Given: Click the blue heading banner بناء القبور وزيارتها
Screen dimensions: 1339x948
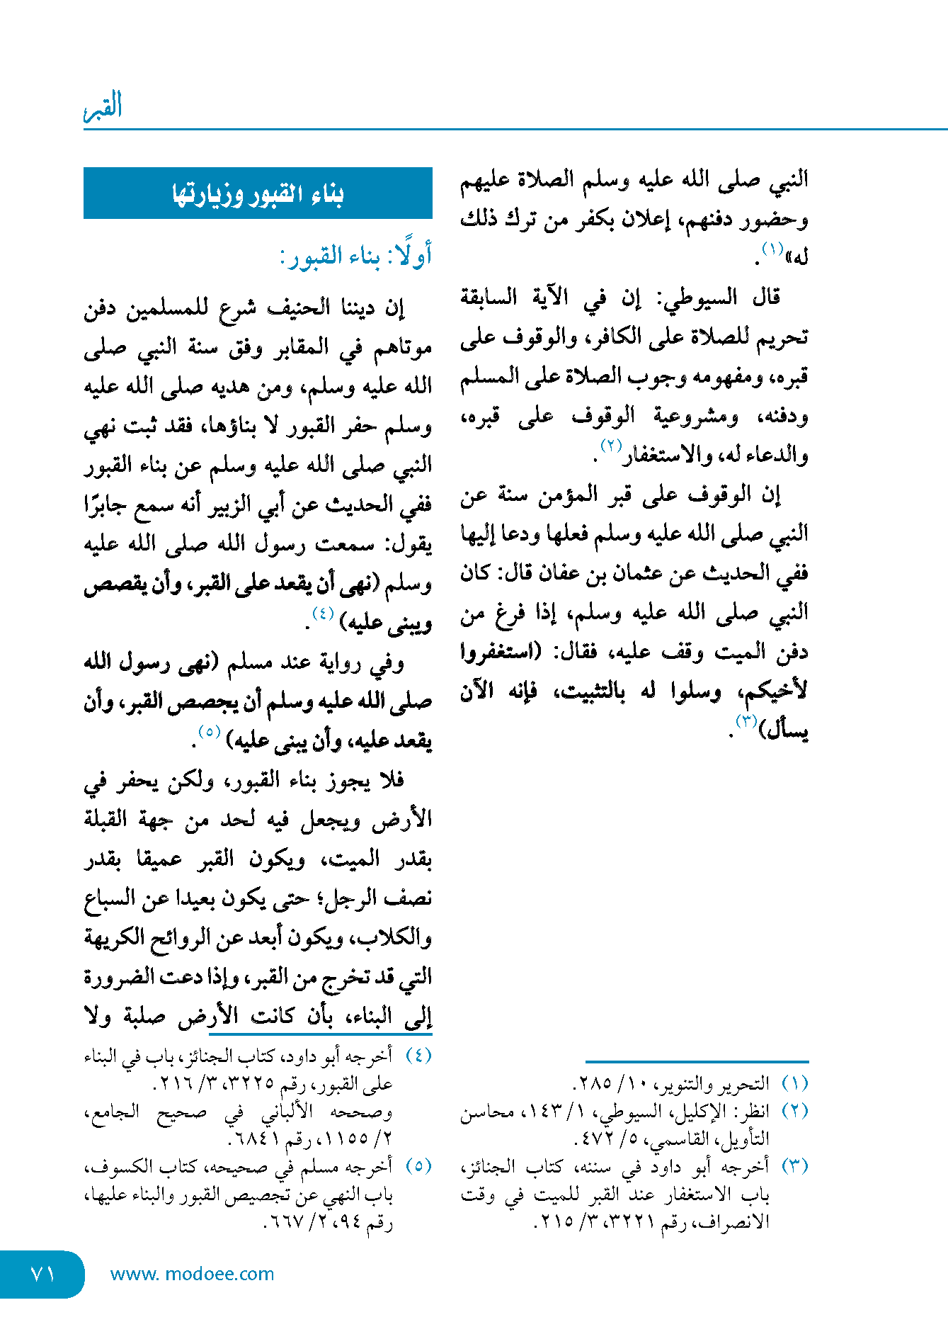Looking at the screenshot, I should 258,193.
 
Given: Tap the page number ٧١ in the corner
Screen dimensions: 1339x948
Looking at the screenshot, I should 42,1274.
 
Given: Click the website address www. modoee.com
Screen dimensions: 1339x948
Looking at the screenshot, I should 192,1274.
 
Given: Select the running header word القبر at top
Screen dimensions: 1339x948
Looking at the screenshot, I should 103,106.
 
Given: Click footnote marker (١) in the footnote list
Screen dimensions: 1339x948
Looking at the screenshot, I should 794,1084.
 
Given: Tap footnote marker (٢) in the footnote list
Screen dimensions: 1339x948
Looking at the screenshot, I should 794,1112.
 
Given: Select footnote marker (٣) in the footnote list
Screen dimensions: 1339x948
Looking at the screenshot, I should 794,1167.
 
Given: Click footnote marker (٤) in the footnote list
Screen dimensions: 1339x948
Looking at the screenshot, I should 418,1056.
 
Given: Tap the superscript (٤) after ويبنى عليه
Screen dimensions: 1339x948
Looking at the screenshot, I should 323,614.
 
